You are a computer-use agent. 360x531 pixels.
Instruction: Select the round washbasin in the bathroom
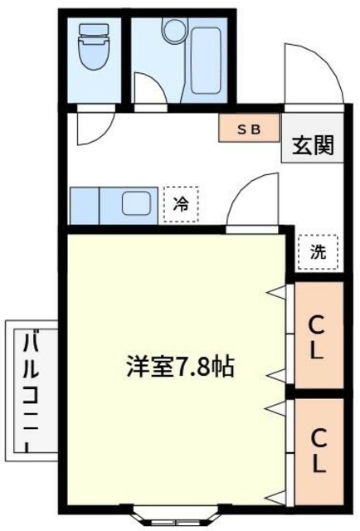point(173,32)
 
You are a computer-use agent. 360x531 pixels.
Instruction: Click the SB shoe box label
point(248,129)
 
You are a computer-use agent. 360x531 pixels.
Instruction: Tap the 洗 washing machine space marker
point(318,253)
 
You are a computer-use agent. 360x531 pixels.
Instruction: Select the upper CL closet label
point(316,336)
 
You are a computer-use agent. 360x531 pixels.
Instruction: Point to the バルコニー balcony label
point(31,390)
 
